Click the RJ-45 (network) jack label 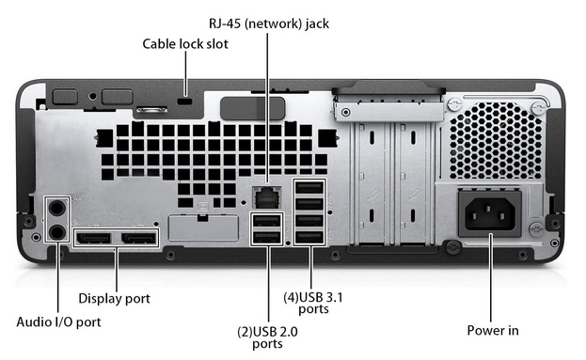pyautogui.click(x=269, y=23)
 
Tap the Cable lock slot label pyautogui.click(x=185, y=44)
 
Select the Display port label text pyautogui.click(x=114, y=298)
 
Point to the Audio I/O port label pyautogui.click(x=58, y=321)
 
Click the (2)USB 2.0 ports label pyautogui.click(x=267, y=337)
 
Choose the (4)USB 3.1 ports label pyautogui.click(x=313, y=303)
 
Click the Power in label pyautogui.click(x=493, y=331)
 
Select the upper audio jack pyautogui.click(x=57, y=208)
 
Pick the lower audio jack pyautogui.click(x=57, y=232)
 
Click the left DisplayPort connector pyautogui.click(x=93, y=238)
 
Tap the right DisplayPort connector pyautogui.click(x=138, y=238)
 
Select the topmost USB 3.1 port pyautogui.click(x=309, y=187)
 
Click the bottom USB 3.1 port pyautogui.click(x=309, y=237)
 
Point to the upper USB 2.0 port pyautogui.click(x=266, y=221)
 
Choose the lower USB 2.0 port pyautogui.click(x=266, y=237)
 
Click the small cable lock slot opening pyautogui.click(x=184, y=102)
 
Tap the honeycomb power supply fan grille pyautogui.click(x=496, y=141)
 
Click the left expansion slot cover pyautogui.click(x=372, y=184)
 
